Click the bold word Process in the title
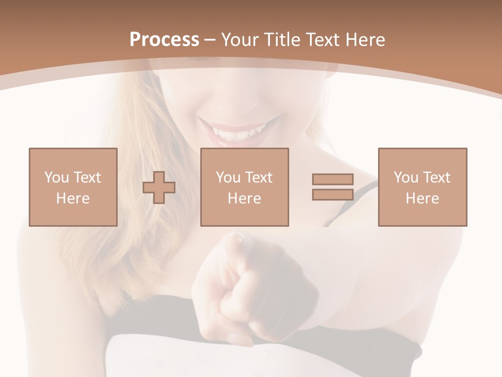(x=164, y=40)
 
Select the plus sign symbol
(x=159, y=187)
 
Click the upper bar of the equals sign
(x=333, y=179)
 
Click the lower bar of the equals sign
(x=333, y=194)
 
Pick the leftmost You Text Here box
(x=73, y=187)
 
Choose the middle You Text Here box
(x=244, y=187)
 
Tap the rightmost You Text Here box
(x=422, y=187)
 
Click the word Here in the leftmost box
(x=73, y=198)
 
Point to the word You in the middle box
(x=228, y=178)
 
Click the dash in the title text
(x=210, y=40)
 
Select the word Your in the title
(x=239, y=40)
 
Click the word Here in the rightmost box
(x=422, y=198)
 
